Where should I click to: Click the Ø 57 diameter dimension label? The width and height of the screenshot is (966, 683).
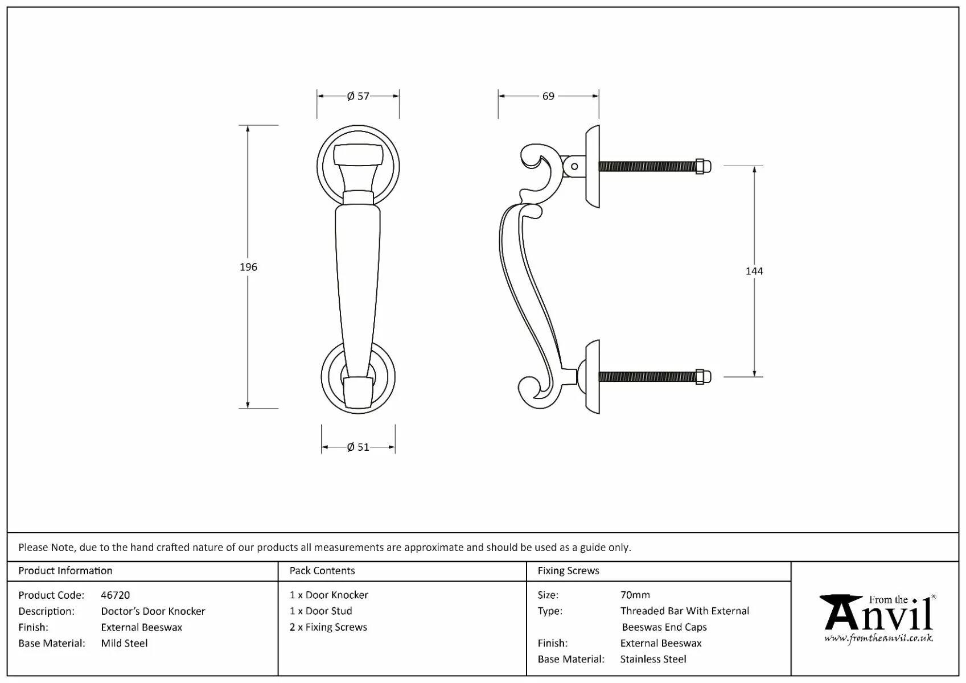[x=358, y=96]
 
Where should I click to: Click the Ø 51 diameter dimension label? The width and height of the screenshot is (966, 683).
[x=358, y=447]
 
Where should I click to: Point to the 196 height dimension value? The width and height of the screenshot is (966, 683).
[x=248, y=267]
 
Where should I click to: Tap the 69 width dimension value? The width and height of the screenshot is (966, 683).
[x=548, y=96]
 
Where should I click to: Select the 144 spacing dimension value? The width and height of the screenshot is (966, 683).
[x=754, y=271]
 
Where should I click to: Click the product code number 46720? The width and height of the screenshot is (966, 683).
[x=115, y=595]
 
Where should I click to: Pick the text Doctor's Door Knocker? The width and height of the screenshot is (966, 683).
[x=153, y=611]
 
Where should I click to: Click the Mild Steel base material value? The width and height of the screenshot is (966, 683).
[x=124, y=643]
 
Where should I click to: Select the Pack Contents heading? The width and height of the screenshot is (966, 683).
[x=322, y=570]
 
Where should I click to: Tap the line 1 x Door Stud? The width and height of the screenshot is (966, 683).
[x=321, y=611]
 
